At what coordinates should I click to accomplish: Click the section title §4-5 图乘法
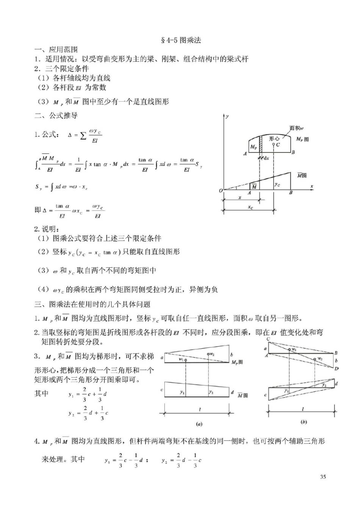click(181, 40)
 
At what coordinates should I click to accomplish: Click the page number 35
click(323, 477)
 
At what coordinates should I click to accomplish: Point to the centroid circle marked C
click(274, 144)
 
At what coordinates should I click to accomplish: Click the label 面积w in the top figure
click(296, 128)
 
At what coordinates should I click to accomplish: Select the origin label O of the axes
click(221, 191)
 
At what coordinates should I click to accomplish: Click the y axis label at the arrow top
click(227, 117)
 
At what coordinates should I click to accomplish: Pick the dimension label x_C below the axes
click(250, 208)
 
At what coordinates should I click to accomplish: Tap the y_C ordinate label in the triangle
click(277, 184)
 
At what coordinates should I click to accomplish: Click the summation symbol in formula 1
click(83, 135)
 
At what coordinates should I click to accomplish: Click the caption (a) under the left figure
click(199, 424)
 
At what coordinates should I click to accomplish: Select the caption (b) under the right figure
click(304, 422)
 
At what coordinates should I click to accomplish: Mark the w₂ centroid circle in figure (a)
click(208, 354)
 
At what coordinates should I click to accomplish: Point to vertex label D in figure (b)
click(337, 368)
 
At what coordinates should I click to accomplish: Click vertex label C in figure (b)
click(268, 339)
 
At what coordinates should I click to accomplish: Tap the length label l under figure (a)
click(200, 409)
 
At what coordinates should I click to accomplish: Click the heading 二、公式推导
click(56, 116)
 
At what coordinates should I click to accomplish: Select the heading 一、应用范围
click(56, 50)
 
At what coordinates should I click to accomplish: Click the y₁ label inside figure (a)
click(182, 392)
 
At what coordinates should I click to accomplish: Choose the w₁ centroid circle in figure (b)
click(290, 349)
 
